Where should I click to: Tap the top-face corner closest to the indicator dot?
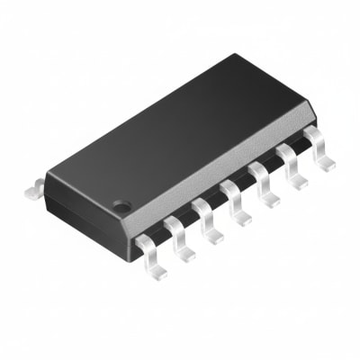coord(135,213)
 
